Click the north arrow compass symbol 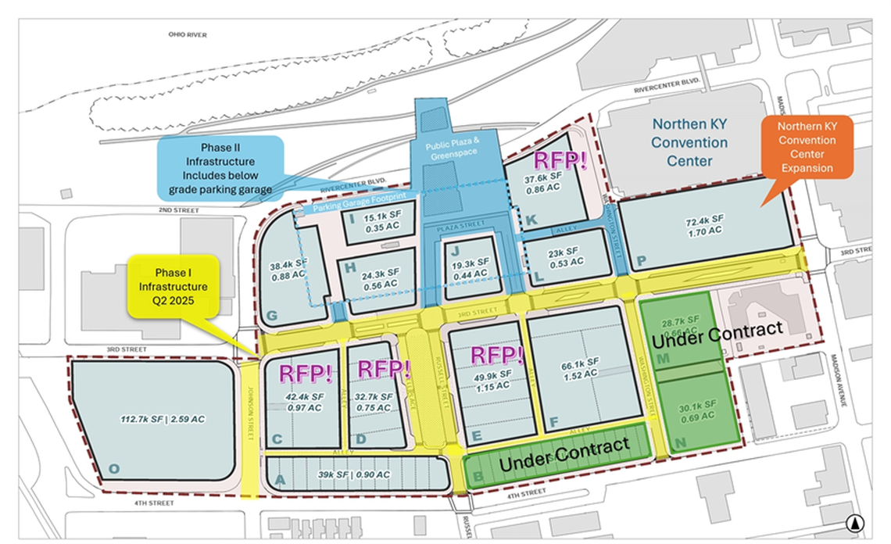click(857, 523)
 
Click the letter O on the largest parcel click(115, 468)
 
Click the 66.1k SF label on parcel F click(578, 367)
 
